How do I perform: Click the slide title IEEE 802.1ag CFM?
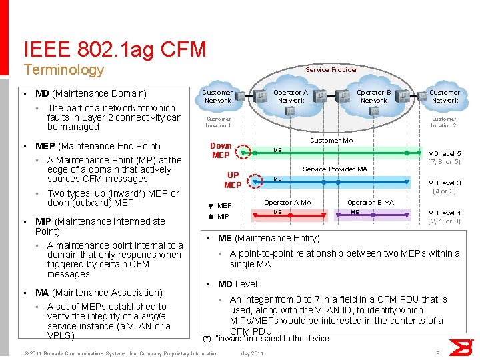click(x=115, y=49)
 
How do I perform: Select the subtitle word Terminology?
click(x=63, y=70)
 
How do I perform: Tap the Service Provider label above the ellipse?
click(x=331, y=69)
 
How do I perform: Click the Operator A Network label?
click(x=291, y=97)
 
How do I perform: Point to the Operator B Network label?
click(x=373, y=97)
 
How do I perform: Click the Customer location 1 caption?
click(x=218, y=122)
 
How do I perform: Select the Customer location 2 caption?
click(x=443, y=122)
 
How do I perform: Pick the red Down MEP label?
click(x=221, y=151)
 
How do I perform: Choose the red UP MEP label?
click(x=233, y=180)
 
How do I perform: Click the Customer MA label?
click(x=331, y=141)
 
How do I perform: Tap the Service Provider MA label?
click(x=335, y=169)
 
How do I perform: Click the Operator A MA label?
click(x=287, y=202)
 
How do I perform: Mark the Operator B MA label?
click(x=370, y=202)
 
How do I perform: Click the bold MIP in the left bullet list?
click(x=43, y=221)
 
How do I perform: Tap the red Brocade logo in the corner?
click(x=459, y=347)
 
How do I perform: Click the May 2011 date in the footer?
click(x=251, y=353)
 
